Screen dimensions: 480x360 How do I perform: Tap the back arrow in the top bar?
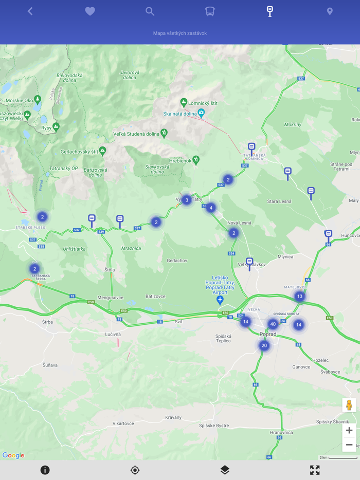(30, 11)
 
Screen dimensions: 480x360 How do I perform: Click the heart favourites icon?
(90, 11)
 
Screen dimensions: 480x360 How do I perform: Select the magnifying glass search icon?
(150, 11)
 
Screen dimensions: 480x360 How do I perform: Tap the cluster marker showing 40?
(273, 324)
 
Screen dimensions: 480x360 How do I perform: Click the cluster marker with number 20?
(264, 345)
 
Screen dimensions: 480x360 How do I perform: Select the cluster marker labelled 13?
(299, 296)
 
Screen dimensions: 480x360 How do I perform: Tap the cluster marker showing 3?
(186, 199)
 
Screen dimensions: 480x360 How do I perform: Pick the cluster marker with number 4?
(210, 208)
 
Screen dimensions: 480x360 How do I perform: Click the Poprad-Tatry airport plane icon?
(220, 300)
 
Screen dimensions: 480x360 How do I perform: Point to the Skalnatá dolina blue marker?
(201, 113)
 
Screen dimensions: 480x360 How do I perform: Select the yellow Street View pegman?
(349, 405)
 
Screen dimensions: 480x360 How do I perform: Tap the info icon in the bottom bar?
(45, 470)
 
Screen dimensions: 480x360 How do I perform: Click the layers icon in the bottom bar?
(225, 470)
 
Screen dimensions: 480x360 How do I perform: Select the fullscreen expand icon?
(315, 470)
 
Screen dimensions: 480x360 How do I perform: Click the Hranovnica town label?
(281, 432)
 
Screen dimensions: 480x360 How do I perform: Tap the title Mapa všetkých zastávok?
(180, 33)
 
